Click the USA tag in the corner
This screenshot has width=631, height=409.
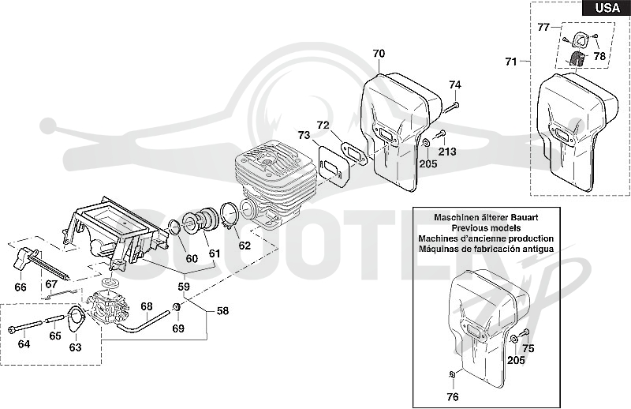tap(607, 8)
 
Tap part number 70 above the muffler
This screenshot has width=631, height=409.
tap(379, 54)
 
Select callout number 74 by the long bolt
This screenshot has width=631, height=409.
tap(455, 85)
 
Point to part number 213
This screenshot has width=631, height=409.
tap(447, 152)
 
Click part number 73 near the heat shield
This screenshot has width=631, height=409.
tap(304, 135)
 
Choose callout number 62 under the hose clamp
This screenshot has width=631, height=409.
tap(245, 246)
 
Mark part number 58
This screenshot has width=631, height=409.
tap(222, 310)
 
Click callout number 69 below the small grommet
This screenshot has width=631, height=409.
tap(178, 328)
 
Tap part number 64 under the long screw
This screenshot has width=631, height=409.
tap(24, 344)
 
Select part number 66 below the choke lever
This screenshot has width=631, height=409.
tap(21, 287)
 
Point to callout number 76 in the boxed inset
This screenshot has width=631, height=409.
tap(453, 397)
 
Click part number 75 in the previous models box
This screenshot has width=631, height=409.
tap(528, 348)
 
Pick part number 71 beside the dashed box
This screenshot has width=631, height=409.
tap(511, 62)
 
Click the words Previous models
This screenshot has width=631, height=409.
tap(486, 228)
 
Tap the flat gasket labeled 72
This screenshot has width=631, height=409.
tap(353, 152)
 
